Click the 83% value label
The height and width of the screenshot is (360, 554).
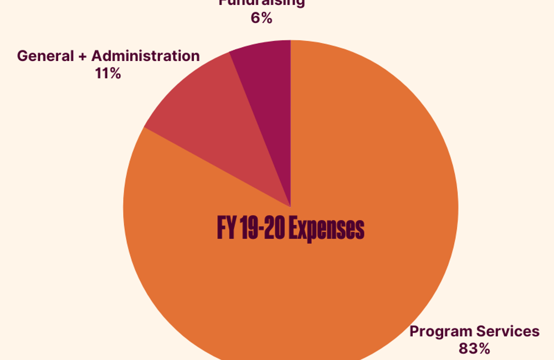[474, 348]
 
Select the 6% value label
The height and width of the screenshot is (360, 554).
[261, 18]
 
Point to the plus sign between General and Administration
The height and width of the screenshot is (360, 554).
[83, 56]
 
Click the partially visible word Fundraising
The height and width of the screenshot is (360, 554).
[261, 3]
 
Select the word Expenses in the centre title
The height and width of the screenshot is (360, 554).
[328, 229]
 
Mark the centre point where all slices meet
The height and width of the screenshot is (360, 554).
[291, 207]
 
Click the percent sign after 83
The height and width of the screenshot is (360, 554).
[483, 348]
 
